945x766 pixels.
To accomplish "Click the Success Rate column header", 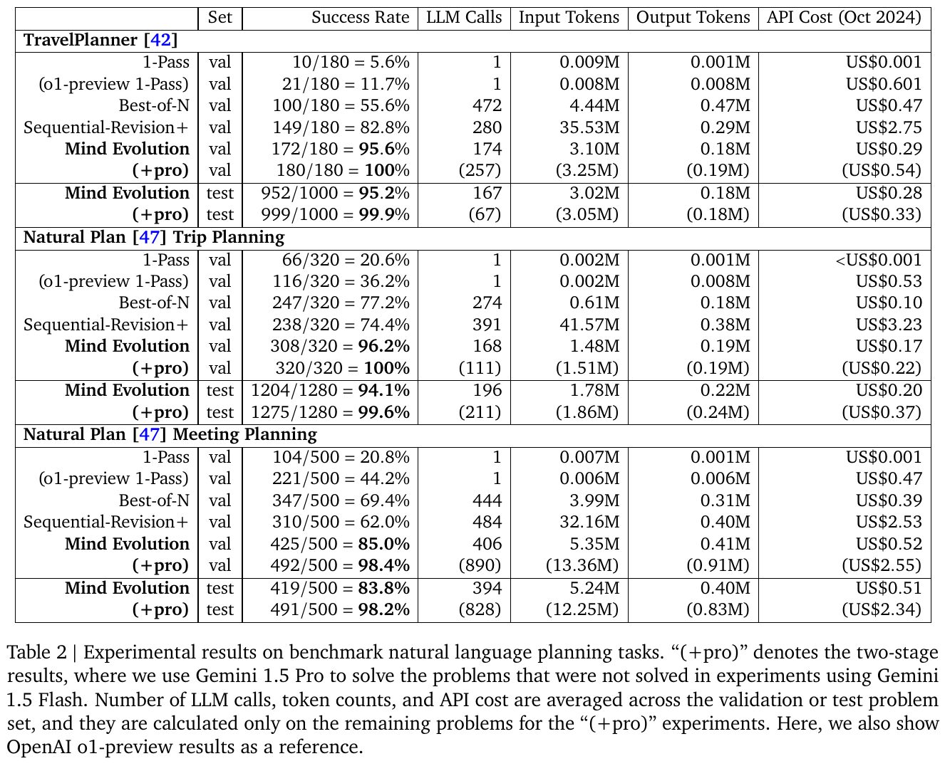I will (360, 18).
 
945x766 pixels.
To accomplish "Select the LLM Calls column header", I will (464, 18).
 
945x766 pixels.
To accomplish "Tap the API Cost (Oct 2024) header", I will (844, 18).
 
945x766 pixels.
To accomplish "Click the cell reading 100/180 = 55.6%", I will (341, 105).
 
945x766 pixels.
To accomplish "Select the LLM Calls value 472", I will (487, 105).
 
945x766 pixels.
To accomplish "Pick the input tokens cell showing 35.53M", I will (589, 127).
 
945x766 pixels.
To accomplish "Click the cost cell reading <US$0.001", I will (878, 260).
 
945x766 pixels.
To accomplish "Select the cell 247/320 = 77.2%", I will (341, 303).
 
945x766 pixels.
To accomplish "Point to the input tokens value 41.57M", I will (589, 325).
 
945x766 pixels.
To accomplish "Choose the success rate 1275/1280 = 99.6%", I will (331, 412).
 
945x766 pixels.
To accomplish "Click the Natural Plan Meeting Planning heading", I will (170, 434).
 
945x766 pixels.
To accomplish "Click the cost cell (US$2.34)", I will (881, 609).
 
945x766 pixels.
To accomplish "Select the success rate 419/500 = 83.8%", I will (340, 588).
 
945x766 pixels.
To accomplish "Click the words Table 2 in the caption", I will (36, 653).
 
